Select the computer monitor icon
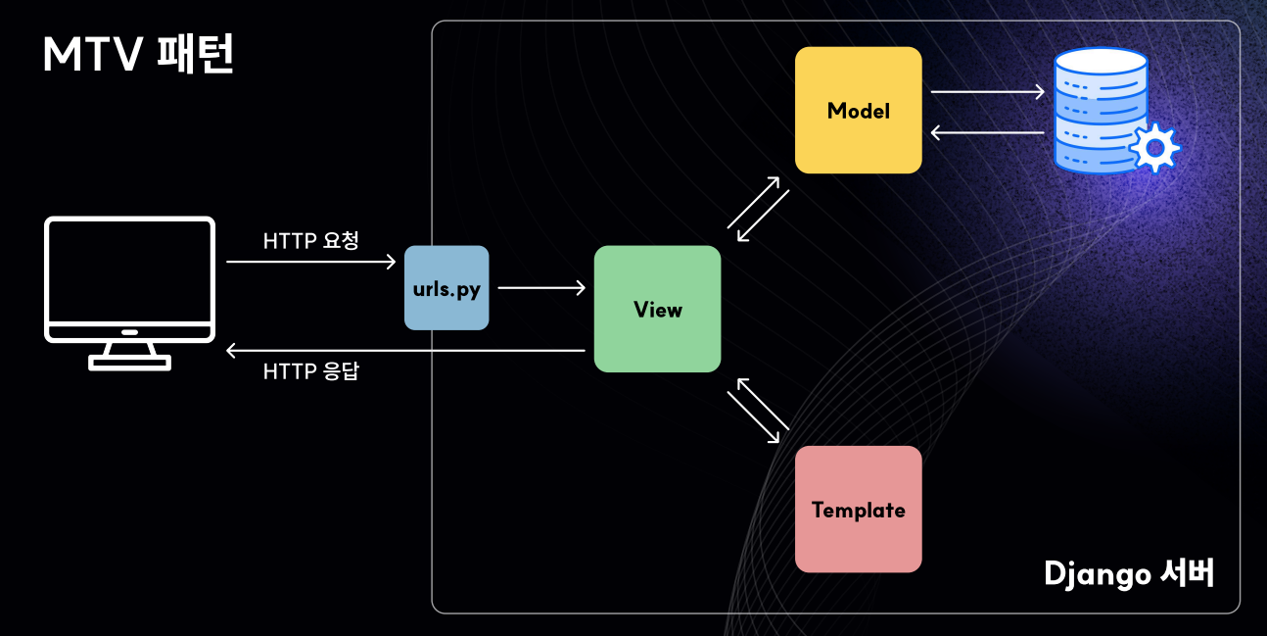click(x=129, y=279)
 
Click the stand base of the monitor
click(x=129, y=363)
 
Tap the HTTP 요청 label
click(x=310, y=241)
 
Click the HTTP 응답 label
click(x=310, y=372)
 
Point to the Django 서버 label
click(x=1129, y=573)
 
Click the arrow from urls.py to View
click(x=541, y=288)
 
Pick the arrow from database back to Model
click(x=987, y=132)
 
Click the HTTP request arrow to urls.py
click(x=310, y=263)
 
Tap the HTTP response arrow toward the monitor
click(x=405, y=350)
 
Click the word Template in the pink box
click(x=858, y=511)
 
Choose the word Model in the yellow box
click(x=858, y=111)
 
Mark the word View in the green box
click(x=657, y=310)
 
